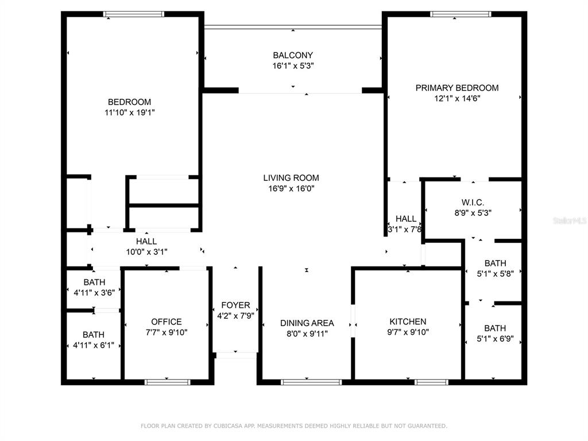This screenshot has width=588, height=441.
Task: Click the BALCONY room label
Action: pos(293,55)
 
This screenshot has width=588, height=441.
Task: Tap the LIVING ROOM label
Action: pos(291,178)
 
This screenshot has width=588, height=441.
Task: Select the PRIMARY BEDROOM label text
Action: pos(457,88)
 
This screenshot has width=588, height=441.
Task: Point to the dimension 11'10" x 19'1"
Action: pos(130,112)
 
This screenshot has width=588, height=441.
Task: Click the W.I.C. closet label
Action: pos(473,203)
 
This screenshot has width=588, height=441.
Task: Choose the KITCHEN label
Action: pos(408,322)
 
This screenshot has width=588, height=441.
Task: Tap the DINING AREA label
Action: pos(307,323)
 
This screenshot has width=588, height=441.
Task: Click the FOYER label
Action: pos(235,305)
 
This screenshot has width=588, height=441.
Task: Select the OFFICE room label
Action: pos(167,322)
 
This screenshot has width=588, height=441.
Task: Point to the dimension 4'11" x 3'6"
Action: pos(95,292)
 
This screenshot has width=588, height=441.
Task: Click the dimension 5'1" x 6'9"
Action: pos(495,339)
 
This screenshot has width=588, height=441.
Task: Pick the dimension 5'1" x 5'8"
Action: pos(495,273)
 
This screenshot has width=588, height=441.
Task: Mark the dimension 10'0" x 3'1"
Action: pos(146,252)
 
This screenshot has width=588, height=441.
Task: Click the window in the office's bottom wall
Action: pos(167,382)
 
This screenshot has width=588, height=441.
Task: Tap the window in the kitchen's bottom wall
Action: pos(431,382)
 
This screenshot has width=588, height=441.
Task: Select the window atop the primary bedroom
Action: pos(461,14)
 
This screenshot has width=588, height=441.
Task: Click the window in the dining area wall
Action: pos(311,382)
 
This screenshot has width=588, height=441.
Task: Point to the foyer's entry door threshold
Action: pos(236,355)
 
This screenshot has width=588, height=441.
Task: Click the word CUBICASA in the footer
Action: pos(227,426)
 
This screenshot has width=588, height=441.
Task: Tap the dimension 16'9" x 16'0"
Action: pos(291,188)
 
